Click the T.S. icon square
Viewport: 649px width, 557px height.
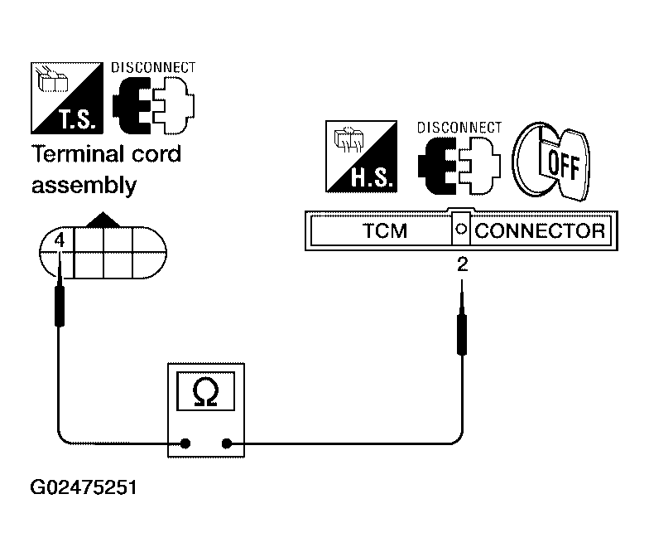click(x=66, y=98)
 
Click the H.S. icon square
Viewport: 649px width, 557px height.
click(x=361, y=157)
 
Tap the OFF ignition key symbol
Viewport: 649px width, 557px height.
click(x=551, y=162)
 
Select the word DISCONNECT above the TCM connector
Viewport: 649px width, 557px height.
click(x=459, y=128)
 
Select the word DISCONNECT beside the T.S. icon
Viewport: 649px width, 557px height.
click(x=153, y=68)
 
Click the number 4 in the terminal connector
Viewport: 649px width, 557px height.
click(x=60, y=240)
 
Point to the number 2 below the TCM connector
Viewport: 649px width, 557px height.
click(x=462, y=264)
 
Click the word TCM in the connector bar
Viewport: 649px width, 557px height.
click(x=385, y=230)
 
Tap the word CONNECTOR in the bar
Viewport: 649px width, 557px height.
click(x=540, y=230)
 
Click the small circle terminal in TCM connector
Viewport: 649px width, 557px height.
click(x=460, y=229)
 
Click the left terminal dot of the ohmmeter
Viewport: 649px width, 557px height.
click(x=185, y=443)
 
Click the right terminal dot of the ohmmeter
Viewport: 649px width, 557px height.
click(x=227, y=443)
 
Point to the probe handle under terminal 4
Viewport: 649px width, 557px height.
click(x=60, y=306)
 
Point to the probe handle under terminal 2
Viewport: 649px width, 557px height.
click(x=462, y=335)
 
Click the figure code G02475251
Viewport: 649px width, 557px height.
click(x=83, y=487)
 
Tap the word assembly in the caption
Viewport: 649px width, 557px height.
click(x=84, y=186)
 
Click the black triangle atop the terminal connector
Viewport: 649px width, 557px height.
click(x=103, y=220)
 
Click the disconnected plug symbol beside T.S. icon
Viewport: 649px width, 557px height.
click(x=154, y=104)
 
